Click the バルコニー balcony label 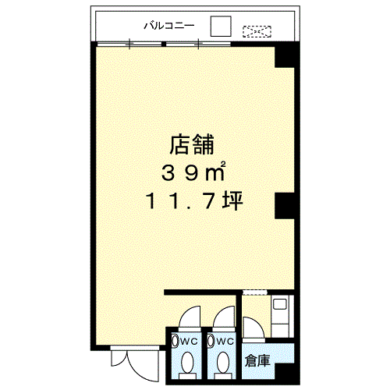(x=173, y=25)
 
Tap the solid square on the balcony (x=222, y=26)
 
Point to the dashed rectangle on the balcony (x=257, y=32)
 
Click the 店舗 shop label (x=193, y=144)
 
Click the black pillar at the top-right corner (x=285, y=56)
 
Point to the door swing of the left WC (x=187, y=317)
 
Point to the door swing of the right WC (x=225, y=317)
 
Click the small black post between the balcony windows (x=165, y=44)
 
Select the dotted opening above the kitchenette (x=254, y=293)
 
